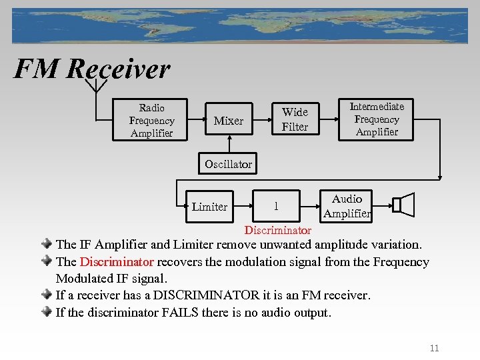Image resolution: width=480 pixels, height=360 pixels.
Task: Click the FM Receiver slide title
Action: (x=92, y=69)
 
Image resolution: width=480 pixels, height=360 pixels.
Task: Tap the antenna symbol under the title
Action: (x=97, y=84)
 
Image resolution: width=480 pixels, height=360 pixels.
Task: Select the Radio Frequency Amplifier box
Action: (x=151, y=121)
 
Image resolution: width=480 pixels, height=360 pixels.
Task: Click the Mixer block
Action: (x=228, y=121)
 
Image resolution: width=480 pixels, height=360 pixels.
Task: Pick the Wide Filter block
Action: (x=295, y=119)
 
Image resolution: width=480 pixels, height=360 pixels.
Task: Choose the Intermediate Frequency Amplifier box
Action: (x=377, y=119)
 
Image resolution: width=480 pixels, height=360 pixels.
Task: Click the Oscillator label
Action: (x=228, y=164)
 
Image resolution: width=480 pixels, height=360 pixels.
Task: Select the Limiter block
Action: (x=209, y=207)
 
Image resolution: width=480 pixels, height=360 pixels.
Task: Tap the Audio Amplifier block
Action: (x=347, y=206)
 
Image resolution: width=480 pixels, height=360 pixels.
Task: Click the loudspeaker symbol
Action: (x=403, y=205)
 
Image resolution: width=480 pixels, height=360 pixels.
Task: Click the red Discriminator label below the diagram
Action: (x=278, y=231)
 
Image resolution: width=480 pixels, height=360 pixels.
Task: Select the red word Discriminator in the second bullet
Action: (x=117, y=262)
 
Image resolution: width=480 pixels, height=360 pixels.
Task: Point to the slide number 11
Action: (x=435, y=348)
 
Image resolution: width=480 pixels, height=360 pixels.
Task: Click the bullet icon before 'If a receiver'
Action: (x=49, y=295)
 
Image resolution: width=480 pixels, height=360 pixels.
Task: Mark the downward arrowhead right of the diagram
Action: (x=440, y=176)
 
